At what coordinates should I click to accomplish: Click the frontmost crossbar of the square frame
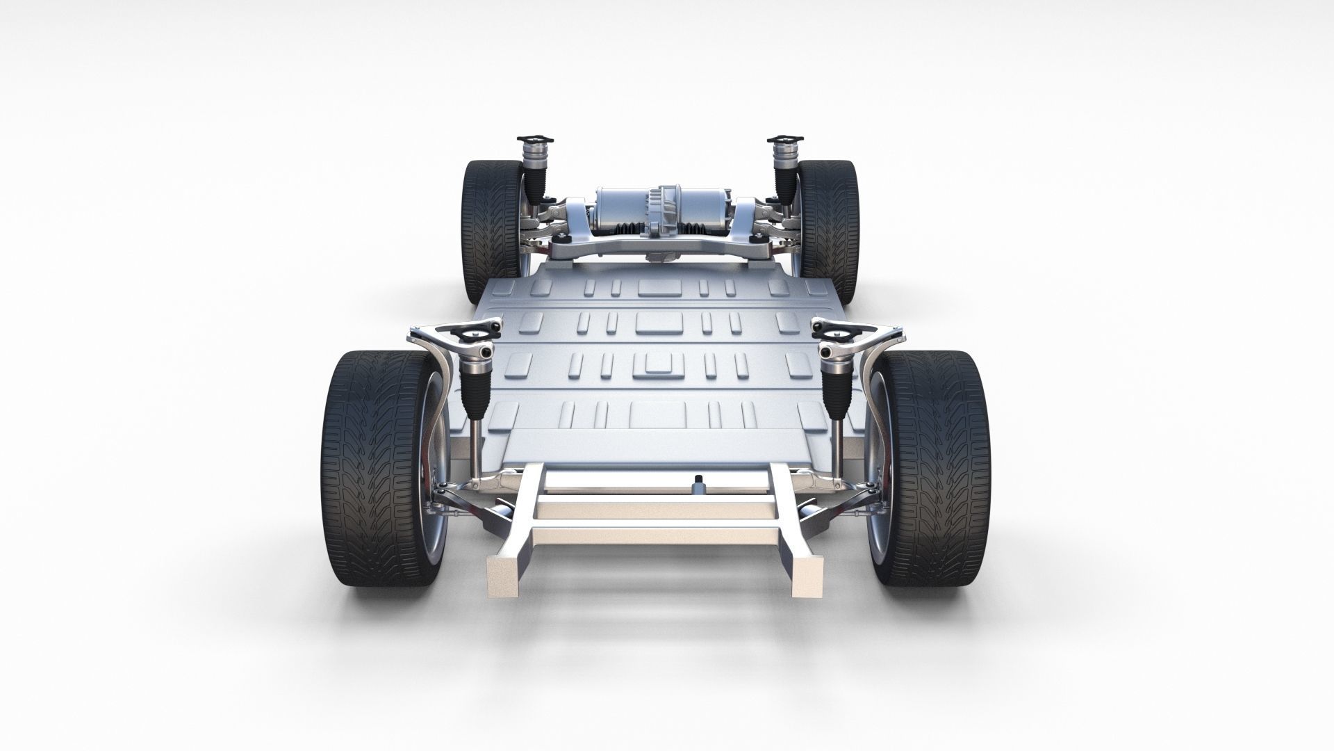(x=653, y=556)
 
